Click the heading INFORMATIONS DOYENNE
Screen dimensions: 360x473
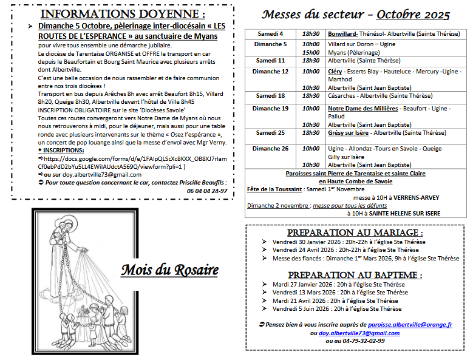pos(121,13)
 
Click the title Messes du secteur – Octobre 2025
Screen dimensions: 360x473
pos(356,14)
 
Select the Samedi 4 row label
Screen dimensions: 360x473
pos(270,34)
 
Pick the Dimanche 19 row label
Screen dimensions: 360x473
pos(270,109)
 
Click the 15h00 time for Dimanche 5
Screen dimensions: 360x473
pos(311,52)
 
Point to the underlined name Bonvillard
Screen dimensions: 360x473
pos(342,34)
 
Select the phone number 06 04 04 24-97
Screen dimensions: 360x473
pos(207,191)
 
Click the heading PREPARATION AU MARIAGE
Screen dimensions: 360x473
pos(355,233)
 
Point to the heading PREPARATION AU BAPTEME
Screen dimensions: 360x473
pos(355,275)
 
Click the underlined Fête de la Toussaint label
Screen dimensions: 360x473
pos(274,189)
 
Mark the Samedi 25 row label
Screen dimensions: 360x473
pos(270,132)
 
